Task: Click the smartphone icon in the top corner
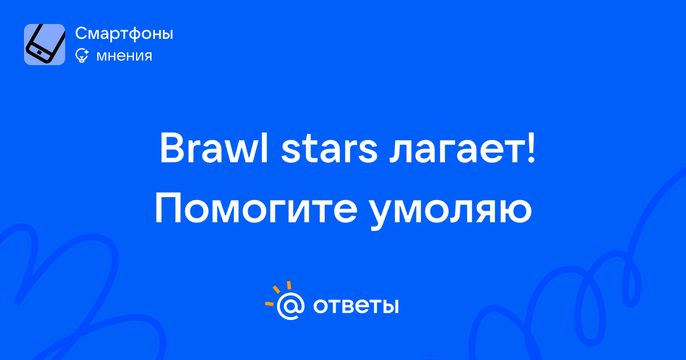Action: click(45, 45)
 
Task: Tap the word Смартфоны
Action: click(124, 33)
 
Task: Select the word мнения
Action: click(124, 56)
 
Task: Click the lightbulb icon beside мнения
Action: click(82, 55)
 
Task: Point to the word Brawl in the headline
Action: click(214, 148)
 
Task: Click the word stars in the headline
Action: click(329, 150)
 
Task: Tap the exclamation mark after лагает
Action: click(531, 147)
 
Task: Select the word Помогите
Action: click(256, 209)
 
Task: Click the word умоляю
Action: click(450, 213)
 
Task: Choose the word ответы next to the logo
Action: click(356, 306)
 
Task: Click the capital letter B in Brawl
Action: click(173, 148)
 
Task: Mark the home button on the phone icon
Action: click(39, 53)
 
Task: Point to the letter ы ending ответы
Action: click(390, 306)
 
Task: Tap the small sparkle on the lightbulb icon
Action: click(86, 51)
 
